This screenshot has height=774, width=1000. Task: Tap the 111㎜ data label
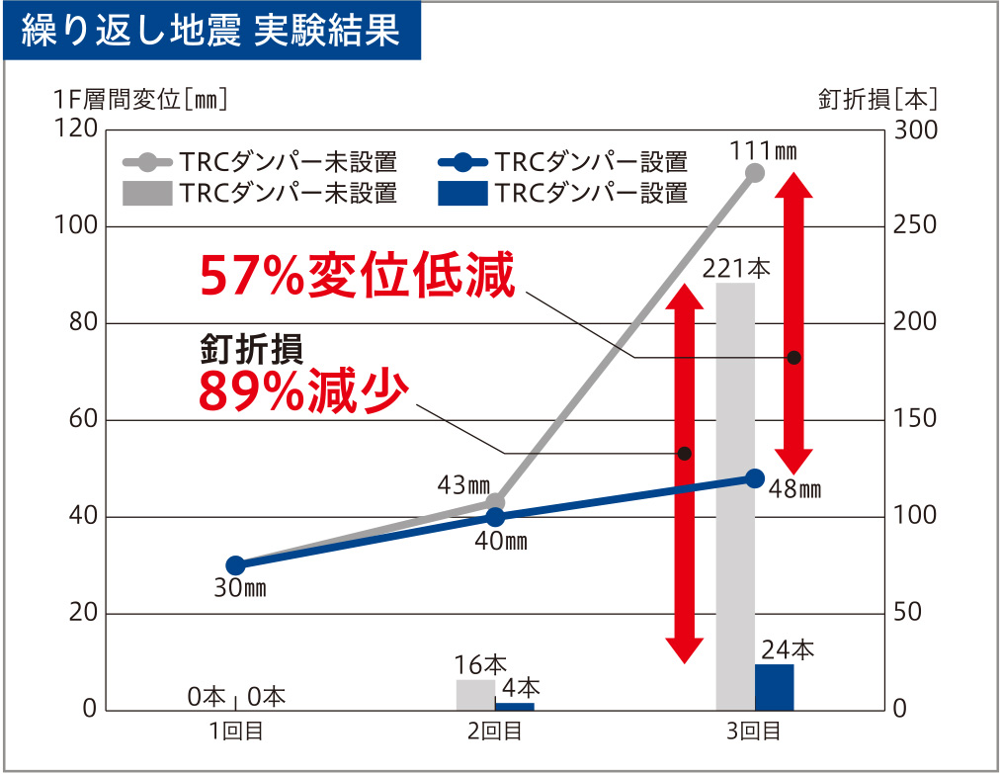[x=763, y=151]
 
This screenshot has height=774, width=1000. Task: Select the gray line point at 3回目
[x=755, y=173]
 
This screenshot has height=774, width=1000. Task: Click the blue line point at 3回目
[x=755, y=478]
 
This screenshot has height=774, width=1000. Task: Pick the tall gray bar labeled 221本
[x=735, y=494]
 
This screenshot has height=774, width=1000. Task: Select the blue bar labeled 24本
[x=775, y=687]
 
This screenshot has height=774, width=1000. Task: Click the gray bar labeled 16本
[x=475, y=695]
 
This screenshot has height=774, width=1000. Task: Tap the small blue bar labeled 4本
[x=514, y=706]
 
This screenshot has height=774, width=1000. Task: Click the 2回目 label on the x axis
[x=495, y=732]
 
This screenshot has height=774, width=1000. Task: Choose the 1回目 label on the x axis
[x=236, y=732]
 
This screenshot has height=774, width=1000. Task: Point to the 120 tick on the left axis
[x=75, y=129]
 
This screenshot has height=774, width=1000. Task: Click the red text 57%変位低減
[x=358, y=276]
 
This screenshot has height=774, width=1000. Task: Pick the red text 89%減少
[x=303, y=391]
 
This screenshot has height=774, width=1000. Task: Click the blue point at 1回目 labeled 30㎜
[x=235, y=565]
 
